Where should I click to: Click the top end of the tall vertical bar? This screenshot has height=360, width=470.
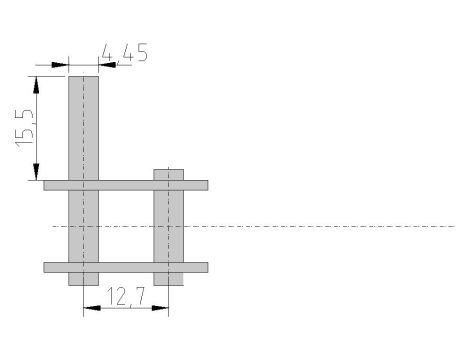[83, 76]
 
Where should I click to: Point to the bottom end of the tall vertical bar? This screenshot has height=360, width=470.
[83, 284]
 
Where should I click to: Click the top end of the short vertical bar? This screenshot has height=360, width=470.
[168, 170]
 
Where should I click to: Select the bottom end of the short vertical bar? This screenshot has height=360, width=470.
[168, 284]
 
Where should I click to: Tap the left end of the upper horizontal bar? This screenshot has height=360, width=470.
[46, 185]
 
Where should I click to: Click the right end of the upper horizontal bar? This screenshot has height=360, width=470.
[207, 185]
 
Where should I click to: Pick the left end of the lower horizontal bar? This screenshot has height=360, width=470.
[46, 267]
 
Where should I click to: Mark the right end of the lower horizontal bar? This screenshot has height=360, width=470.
[207, 267]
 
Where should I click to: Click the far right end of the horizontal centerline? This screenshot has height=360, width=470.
[454, 226]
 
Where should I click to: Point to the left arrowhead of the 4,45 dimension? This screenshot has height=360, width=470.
[61, 66]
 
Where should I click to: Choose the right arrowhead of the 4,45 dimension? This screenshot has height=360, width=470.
[105, 66]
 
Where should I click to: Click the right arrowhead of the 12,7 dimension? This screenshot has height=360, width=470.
[161, 307]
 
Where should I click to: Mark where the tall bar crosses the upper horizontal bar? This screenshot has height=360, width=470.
[83, 185]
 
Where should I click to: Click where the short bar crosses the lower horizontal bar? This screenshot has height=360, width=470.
[168, 267]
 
